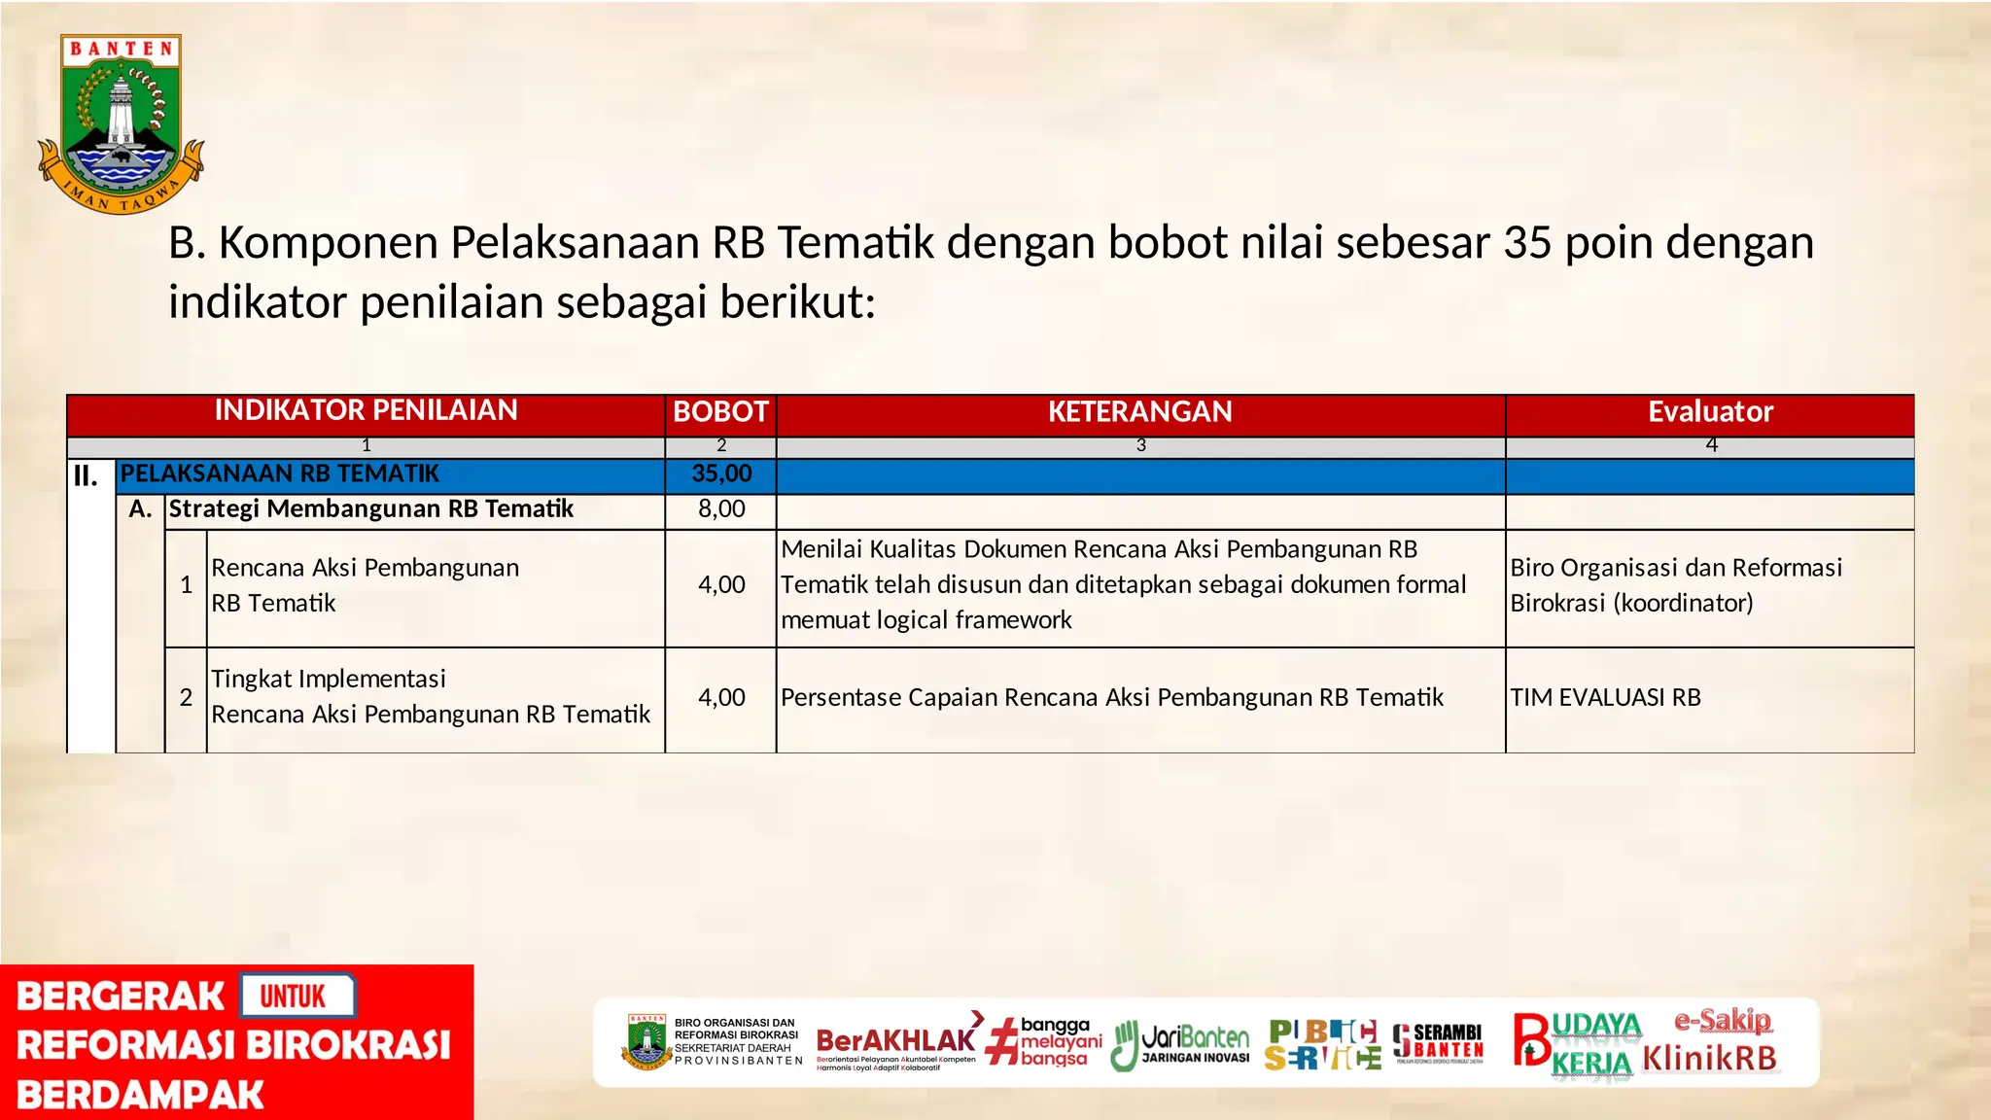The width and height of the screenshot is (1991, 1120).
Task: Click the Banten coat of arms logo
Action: tap(121, 123)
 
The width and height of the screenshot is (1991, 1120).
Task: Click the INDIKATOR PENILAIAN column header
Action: tap(366, 411)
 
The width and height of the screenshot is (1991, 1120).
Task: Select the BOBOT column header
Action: tap(720, 412)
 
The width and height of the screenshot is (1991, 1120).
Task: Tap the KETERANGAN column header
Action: tap(1139, 412)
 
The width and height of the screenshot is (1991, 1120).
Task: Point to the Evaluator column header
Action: tap(1709, 412)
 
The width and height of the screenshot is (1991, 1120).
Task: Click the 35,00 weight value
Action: tap(721, 474)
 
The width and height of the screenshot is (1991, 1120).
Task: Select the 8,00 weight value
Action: tap(721, 509)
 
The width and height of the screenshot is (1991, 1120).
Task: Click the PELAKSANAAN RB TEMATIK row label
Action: tap(280, 474)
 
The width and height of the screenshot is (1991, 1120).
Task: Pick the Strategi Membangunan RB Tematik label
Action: tap(371, 509)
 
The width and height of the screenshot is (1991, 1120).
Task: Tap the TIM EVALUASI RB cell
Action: tap(1605, 698)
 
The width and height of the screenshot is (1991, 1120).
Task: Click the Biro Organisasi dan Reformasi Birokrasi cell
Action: tap(1675, 585)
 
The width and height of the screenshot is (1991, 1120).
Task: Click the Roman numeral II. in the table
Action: tap(86, 476)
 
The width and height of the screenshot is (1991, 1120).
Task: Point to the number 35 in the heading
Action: tap(1528, 243)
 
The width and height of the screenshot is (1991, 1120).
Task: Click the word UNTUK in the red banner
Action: tap(293, 997)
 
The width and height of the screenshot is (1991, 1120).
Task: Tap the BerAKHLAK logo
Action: tap(895, 1042)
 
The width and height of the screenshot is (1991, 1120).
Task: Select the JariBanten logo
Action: tap(1181, 1044)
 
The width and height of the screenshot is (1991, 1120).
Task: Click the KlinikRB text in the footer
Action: tap(1709, 1059)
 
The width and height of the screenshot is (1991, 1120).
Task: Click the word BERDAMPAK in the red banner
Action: tap(140, 1096)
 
